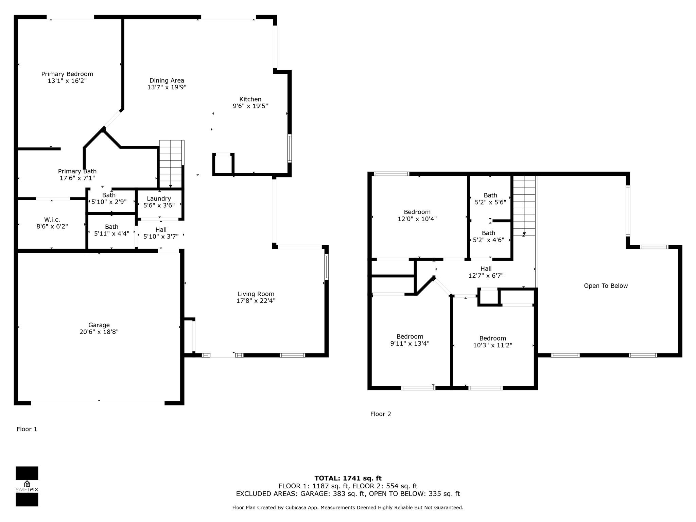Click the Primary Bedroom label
pos(67,74)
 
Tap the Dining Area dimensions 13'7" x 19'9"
pos(167,87)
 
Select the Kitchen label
pos(250,99)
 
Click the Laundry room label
pos(159,199)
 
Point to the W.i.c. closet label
pos(52,220)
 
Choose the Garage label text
pos(99,325)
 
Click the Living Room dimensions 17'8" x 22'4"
pos(256,301)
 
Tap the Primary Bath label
pos(77,171)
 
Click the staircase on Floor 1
pos(172,164)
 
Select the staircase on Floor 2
pos(524,206)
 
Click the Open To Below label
pos(606,286)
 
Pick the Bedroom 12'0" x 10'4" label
pos(417,215)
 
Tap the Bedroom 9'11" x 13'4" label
pos(410,340)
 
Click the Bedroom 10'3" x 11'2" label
pos(493,342)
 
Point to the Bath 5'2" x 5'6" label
pos(490,198)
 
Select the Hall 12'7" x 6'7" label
pos(486,272)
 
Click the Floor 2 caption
pos(381,414)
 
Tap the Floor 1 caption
pos(27,429)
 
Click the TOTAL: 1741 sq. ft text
pos(348,478)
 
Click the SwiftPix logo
pos(27,486)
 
